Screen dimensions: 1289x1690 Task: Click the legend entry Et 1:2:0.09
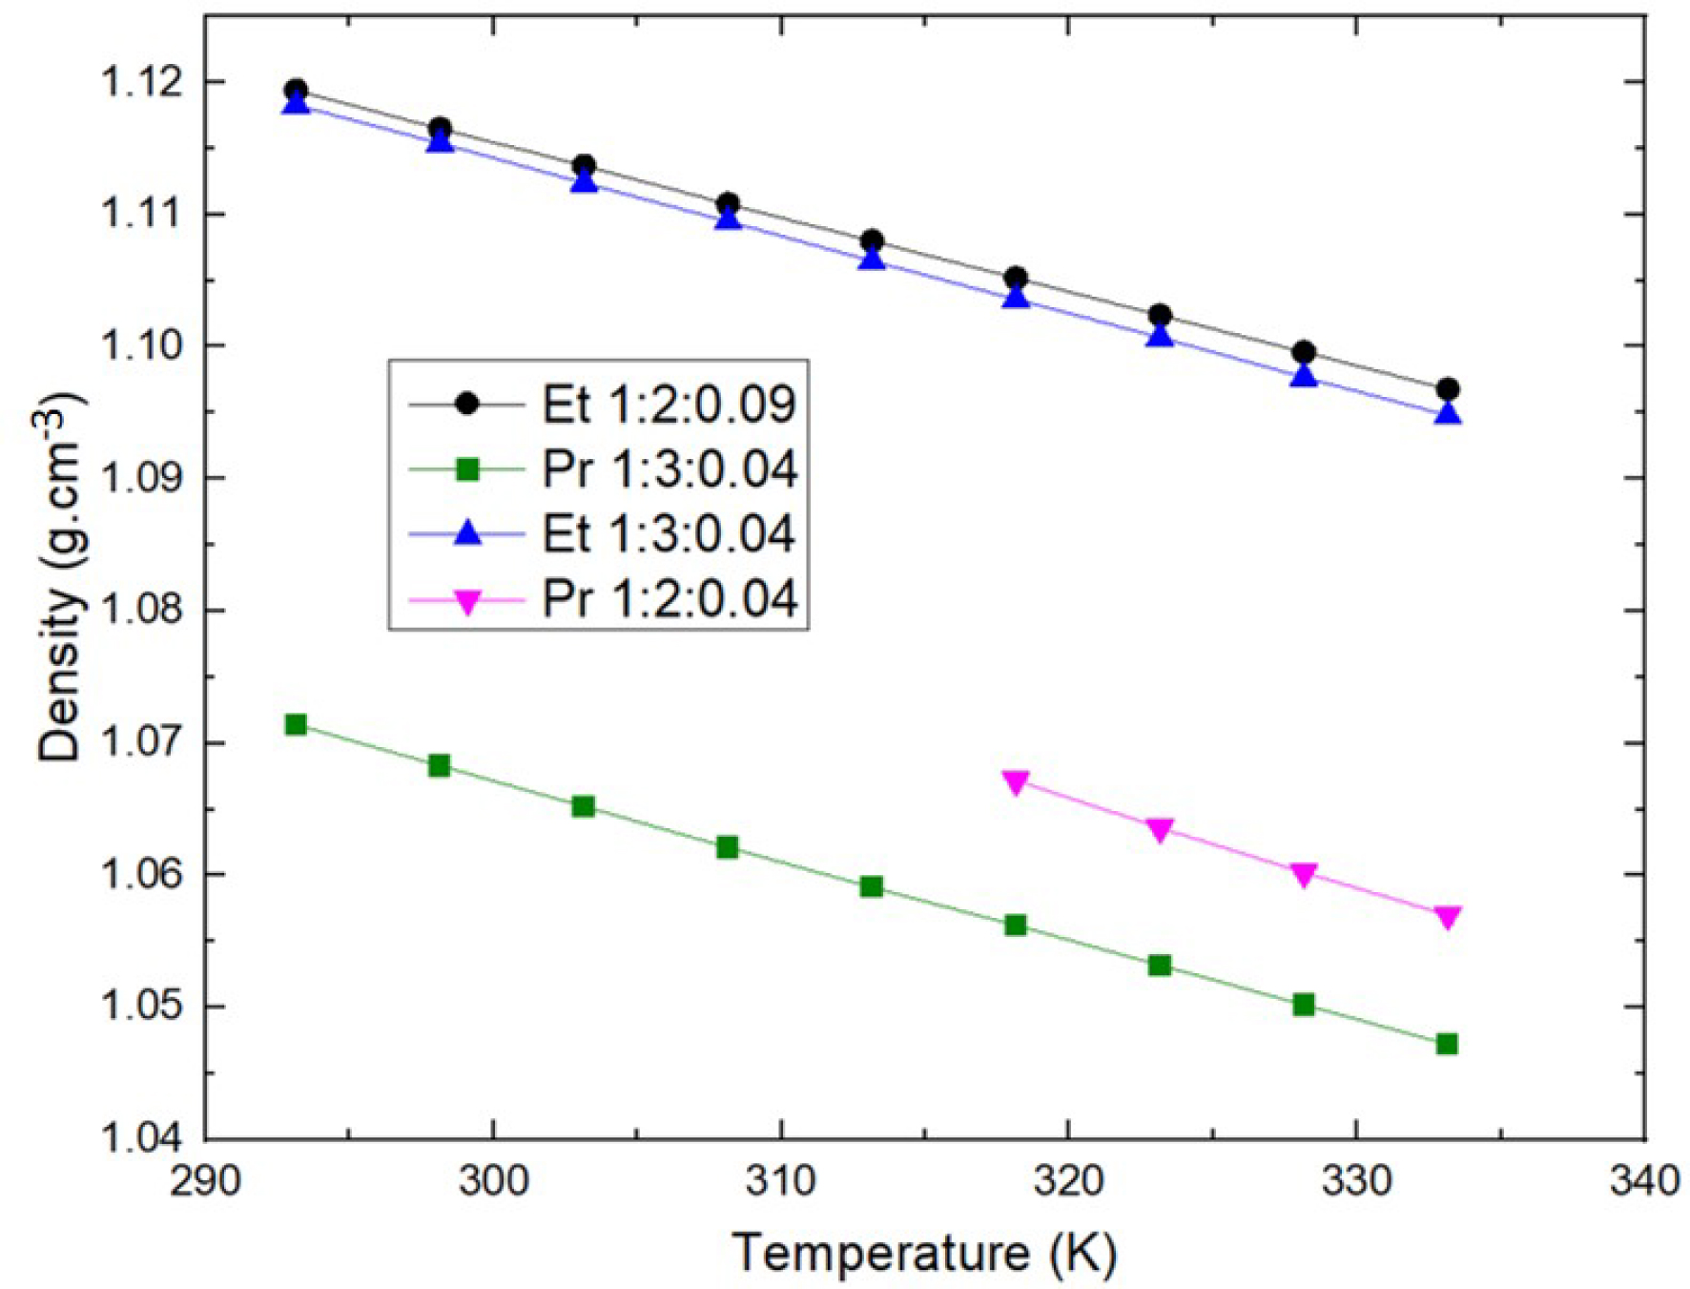coord(669,405)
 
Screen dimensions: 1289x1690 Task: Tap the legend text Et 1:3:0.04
coord(669,533)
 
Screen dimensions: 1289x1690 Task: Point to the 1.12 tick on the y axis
coord(144,82)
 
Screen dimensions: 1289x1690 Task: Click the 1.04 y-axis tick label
coord(144,1138)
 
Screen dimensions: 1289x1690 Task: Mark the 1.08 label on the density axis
coord(144,611)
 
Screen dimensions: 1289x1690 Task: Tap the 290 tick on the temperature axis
coord(205,1181)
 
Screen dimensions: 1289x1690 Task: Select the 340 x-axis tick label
coord(1643,1181)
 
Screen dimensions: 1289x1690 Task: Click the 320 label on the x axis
coord(1068,1181)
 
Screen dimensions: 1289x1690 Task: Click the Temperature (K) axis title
coord(924,1253)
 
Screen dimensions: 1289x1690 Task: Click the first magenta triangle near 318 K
coord(1016,782)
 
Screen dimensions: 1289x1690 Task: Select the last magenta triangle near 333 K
coord(1447,917)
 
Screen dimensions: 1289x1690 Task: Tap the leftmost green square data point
coord(296,725)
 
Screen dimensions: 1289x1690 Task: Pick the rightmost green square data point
coord(1447,1044)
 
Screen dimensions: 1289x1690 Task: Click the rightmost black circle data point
coord(1447,389)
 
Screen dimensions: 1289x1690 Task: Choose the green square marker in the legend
coord(467,469)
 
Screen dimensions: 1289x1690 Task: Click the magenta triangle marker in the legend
coord(467,602)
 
